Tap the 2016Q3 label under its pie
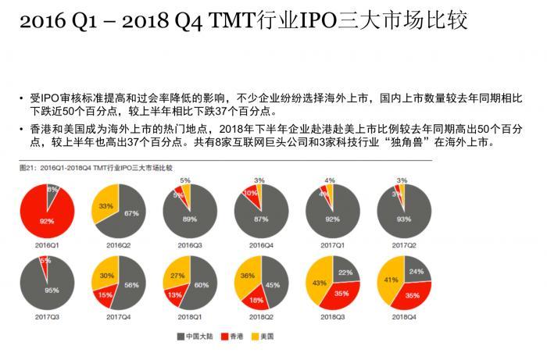coord(189,244)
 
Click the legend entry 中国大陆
coord(202,337)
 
